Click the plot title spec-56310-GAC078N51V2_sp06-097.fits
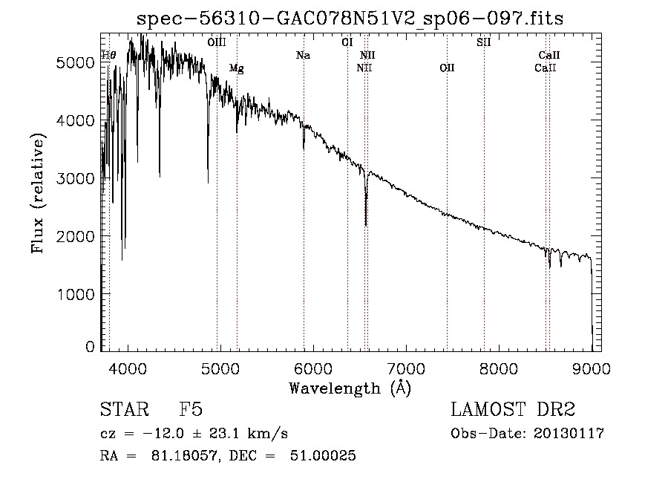coord(350,19)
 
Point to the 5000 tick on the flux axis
coord(75,63)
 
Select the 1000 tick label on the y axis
coord(75,295)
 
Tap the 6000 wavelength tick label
coord(313,368)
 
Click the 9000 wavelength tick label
coord(592,368)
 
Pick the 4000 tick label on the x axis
coord(128,368)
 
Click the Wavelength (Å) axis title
coord(350,388)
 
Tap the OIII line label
coord(217,42)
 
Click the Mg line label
coord(237,68)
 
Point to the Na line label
coord(304,56)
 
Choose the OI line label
coord(347,42)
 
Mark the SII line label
coord(484,42)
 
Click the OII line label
coord(447,68)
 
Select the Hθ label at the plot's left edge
coord(108,56)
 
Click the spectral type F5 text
coord(191,409)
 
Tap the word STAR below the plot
coord(125,409)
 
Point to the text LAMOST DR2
coord(513,409)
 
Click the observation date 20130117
coord(569,434)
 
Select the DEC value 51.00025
coord(323,455)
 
